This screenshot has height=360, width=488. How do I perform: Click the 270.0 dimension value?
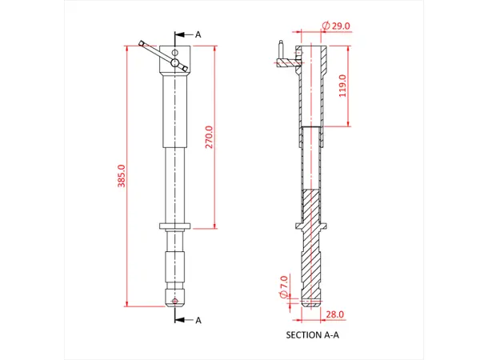210,137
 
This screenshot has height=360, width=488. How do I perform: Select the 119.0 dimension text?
342,86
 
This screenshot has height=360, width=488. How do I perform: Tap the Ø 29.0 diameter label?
337,26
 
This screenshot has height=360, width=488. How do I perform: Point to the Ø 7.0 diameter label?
284,286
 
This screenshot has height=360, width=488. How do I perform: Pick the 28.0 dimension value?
334,314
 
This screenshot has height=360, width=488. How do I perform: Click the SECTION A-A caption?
312,335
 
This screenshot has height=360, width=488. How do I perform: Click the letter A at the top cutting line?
198,34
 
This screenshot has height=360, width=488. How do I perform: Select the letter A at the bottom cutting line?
198,320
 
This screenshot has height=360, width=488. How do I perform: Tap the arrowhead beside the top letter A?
185,34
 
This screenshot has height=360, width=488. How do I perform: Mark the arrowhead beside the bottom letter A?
185,320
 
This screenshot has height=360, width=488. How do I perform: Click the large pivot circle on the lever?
175,62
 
